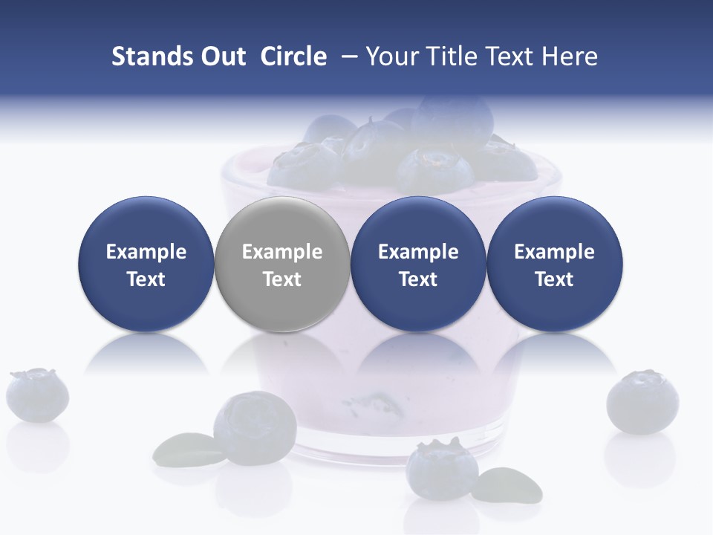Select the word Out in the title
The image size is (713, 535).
click(221, 56)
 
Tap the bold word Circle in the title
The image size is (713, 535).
click(293, 56)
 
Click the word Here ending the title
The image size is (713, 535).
click(570, 56)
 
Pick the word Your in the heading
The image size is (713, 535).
click(391, 56)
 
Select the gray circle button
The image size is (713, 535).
click(282, 265)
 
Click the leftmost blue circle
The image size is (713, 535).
click(146, 265)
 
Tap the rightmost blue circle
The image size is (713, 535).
click(555, 265)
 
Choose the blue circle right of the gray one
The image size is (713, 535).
click(418, 265)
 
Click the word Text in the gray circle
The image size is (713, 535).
click(282, 279)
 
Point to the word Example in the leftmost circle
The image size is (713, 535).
click(146, 252)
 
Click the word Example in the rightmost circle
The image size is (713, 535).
click(555, 252)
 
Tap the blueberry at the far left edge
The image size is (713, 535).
click(37, 395)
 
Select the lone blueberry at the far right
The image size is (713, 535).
click(642, 402)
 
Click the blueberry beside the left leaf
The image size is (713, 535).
click(255, 426)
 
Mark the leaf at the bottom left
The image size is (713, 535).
click(186, 448)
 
